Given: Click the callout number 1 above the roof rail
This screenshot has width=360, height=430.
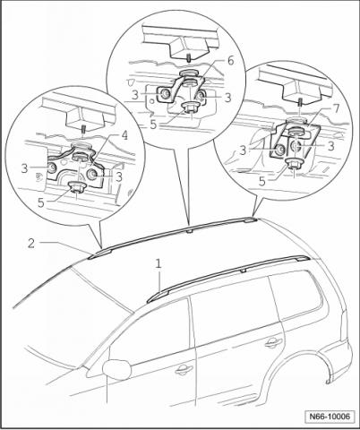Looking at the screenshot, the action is coord(159,264).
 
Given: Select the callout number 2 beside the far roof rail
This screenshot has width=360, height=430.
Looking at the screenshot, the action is coord(31,244).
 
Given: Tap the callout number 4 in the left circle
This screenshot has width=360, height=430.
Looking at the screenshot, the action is coord(124,135).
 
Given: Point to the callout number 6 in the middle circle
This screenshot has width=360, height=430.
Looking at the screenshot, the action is coord(230,61).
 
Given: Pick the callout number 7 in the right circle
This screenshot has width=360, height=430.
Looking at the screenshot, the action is coord(337,109).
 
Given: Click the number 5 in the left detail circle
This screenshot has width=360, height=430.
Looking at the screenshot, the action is coord(41,202).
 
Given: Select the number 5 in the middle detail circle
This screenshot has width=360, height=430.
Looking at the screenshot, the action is coord(153,125).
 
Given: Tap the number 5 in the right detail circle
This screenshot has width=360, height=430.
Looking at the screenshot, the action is coord(262,182).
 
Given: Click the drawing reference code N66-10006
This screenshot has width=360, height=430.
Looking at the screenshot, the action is coord(330,416).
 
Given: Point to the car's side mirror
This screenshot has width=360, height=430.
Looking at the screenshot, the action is coord(116,369).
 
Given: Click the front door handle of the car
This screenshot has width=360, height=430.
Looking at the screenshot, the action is coord(184,370).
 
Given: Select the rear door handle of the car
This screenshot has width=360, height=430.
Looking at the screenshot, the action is coord(273,342).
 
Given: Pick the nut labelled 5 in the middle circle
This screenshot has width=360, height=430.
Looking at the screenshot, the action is coord(188,107).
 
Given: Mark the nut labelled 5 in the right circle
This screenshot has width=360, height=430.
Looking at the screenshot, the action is coord(294,164).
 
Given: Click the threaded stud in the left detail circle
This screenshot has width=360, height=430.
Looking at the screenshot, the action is coord(83,131).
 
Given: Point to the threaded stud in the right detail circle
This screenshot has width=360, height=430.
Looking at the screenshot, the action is coord(299,103).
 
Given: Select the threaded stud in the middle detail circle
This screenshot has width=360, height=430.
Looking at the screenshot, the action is coord(189,58).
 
